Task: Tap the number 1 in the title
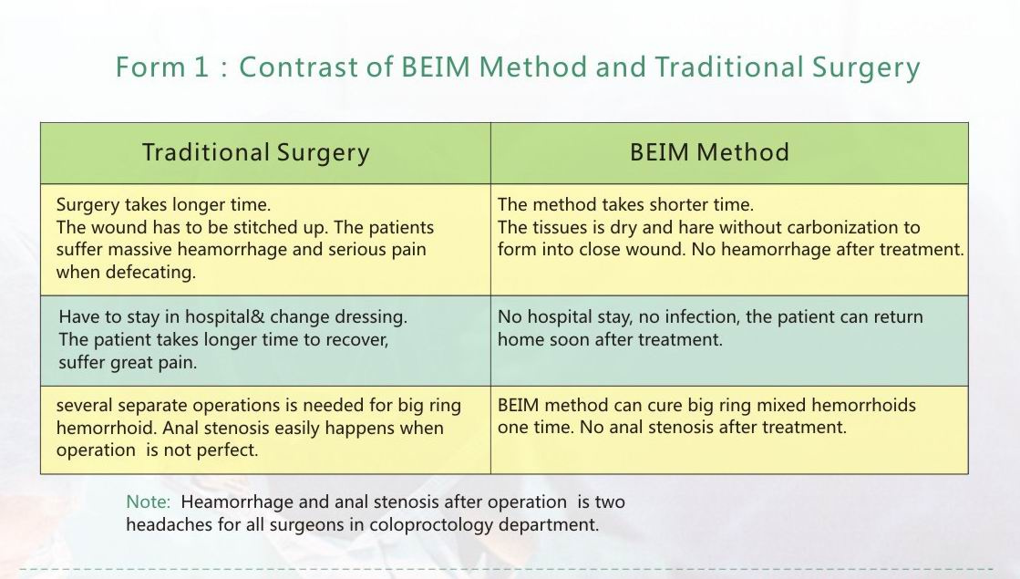[201, 67]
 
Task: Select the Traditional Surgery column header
[255, 152]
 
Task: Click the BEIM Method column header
[709, 152]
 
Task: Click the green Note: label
[148, 502]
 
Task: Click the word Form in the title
[150, 67]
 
